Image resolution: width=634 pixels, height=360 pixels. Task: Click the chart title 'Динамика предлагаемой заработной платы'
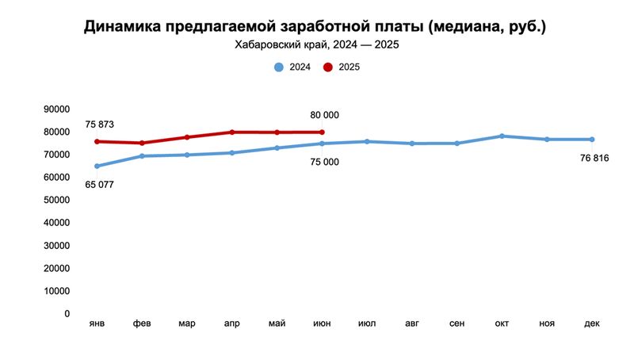tap(315, 27)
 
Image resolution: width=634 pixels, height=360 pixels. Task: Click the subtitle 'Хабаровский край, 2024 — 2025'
tap(316, 45)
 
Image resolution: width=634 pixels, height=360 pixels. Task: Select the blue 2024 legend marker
tap(278, 67)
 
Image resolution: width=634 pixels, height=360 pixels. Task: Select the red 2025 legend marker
tap(327, 67)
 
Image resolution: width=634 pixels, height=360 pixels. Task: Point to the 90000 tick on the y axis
tap(56, 109)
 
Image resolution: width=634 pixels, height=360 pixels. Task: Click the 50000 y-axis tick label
tap(56, 201)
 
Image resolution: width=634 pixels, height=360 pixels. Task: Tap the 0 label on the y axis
tap(67, 314)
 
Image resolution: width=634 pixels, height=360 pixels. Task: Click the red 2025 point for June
tap(322, 132)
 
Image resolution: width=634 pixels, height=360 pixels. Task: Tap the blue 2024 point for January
tap(97, 167)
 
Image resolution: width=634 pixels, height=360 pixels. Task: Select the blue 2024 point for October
tap(502, 136)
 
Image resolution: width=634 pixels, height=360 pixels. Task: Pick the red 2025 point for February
tap(142, 144)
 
